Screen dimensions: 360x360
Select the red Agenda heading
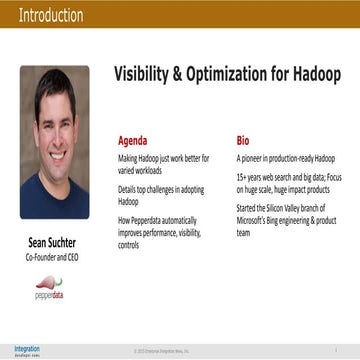[133, 141]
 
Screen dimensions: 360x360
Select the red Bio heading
[242, 141]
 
